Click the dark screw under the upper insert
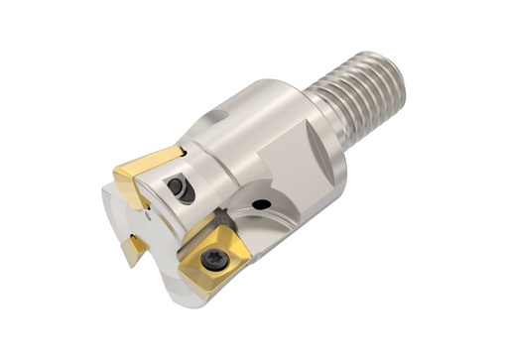(x=180, y=187)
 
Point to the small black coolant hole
(x=262, y=205)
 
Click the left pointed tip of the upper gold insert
(x=115, y=175)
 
